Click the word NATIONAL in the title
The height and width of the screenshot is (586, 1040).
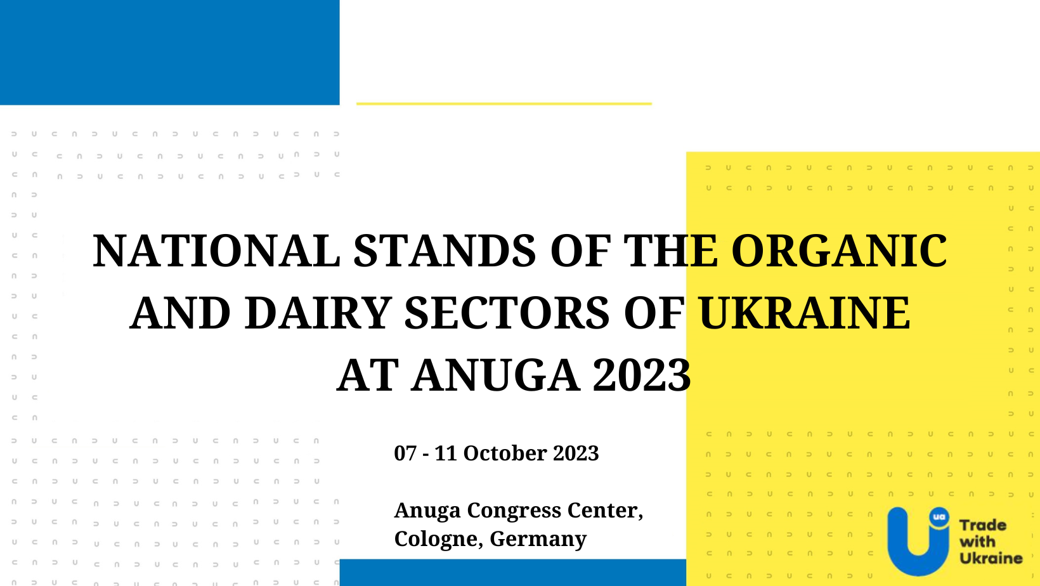coord(217,251)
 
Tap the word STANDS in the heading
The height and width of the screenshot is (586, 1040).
coord(445,251)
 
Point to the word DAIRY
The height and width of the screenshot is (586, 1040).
coord(318,313)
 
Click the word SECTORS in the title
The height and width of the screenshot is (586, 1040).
coord(507,313)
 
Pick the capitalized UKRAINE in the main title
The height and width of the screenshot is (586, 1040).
coord(805,313)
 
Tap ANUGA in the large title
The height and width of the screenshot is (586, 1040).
coord(496,375)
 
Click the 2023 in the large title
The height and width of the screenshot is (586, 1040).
coord(642,375)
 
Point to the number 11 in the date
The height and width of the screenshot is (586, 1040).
coord(445,453)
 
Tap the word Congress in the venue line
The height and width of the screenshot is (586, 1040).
coord(514,511)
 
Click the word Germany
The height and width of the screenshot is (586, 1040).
coord(538,539)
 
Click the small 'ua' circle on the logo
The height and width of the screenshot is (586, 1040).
coord(939,517)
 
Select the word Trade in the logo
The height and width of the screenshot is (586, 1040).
coord(983,525)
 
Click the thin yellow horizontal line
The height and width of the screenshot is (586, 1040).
coord(504,103)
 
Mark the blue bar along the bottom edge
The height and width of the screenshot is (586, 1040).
coord(513,573)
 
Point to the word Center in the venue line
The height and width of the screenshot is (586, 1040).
coord(605,511)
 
